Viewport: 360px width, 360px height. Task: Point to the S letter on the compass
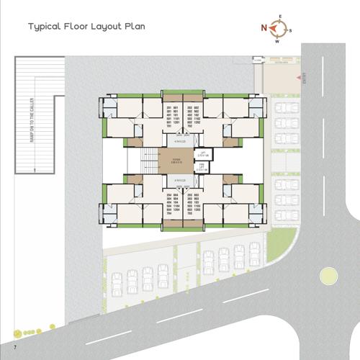[x=289, y=30]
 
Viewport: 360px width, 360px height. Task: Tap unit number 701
[x=168, y=127]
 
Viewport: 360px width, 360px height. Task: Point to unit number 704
[x=168, y=213]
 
